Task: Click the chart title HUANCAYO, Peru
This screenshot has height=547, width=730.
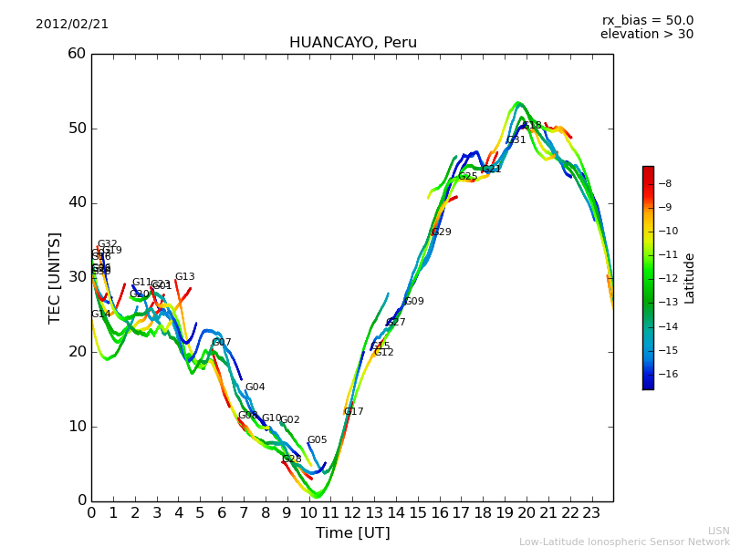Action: pyautogui.click(x=352, y=43)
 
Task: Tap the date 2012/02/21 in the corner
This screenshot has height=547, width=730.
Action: pyautogui.click(x=72, y=25)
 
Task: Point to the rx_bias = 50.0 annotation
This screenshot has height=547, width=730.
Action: pyautogui.click(x=647, y=21)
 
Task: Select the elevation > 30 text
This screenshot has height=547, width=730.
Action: pyautogui.click(x=646, y=35)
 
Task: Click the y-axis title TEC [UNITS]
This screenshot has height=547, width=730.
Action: pyautogui.click(x=55, y=277)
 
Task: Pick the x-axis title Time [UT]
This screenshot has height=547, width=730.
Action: pyautogui.click(x=352, y=533)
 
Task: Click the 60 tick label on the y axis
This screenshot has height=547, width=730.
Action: pyautogui.click(x=77, y=54)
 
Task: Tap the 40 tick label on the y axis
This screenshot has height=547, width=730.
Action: pyautogui.click(x=77, y=202)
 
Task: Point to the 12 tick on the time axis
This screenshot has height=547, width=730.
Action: pyautogui.click(x=352, y=512)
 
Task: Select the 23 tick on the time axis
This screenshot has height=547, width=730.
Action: pyautogui.click(x=591, y=512)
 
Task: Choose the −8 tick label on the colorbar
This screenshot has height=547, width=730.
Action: pyautogui.click(x=666, y=183)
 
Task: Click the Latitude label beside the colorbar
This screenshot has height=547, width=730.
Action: pyautogui.click(x=690, y=277)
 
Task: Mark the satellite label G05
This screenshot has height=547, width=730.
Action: pyautogui.click(x=317, y=440)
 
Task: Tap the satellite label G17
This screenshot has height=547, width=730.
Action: pyautogui.click(x=353, y=412)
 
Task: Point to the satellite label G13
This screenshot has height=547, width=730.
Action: pyautogui.click(x=184, y=277)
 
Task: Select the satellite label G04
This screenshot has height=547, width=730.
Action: pyautogui.click(x=255, y=387)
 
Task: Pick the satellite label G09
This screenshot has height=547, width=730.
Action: pyautogui.click(x=413, y=302)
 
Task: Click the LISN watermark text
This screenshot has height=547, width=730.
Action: pyautogui.click(x=718, y=531)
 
